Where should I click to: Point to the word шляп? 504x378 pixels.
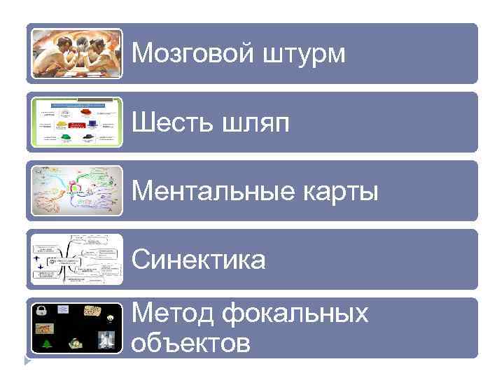point(255,123)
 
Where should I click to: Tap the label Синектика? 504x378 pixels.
point(199,260)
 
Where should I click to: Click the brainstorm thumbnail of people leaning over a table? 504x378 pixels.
point(77,53)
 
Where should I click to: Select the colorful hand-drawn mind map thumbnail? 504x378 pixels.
point(77,190)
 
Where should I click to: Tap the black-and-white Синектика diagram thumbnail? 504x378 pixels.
point(77,259)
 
